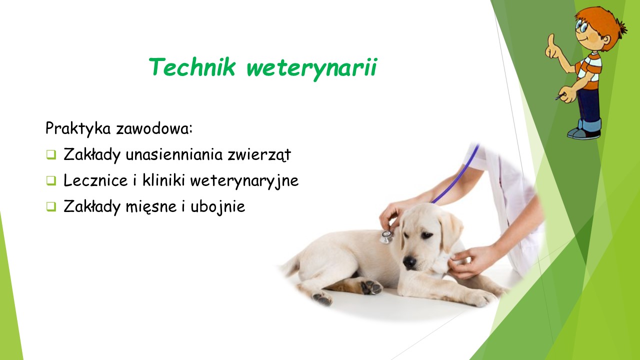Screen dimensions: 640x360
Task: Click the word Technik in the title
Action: pos(192,67)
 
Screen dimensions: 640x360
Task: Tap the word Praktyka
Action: pos(78,128)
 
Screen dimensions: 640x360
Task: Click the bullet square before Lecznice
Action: pos(51,180)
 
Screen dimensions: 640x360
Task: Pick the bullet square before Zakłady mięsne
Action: pos(51,206)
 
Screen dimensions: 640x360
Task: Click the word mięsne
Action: pos(151,207)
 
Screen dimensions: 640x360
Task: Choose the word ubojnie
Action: pos(217,207)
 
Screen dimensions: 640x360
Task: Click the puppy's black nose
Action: pos(409,261)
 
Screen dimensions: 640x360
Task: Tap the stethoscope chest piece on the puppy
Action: pos(386,237)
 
